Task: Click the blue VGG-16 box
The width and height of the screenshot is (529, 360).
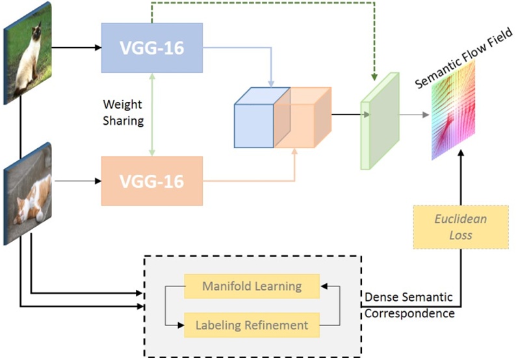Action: click(x=151, y=47)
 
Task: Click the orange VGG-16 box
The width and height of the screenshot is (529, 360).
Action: click(x=151, y=180)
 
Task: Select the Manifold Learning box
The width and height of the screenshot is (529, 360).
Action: click(x=252, y=286)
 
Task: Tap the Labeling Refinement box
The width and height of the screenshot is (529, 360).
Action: click(x=252, y=324)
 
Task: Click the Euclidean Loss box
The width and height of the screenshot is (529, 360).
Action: click(x=460, y=227)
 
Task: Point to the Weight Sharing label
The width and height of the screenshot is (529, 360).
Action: click(x=123, y=112)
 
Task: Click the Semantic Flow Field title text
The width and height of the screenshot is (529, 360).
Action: click(x=463, y=57)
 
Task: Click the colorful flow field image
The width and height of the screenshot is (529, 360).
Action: click(x=453, y=110)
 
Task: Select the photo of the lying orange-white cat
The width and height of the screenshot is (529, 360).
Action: click(x=27, y=194)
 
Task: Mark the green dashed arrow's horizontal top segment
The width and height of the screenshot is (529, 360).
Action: click(x=260, y=3)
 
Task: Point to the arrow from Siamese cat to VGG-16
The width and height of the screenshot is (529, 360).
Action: click(x=75, y=47)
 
